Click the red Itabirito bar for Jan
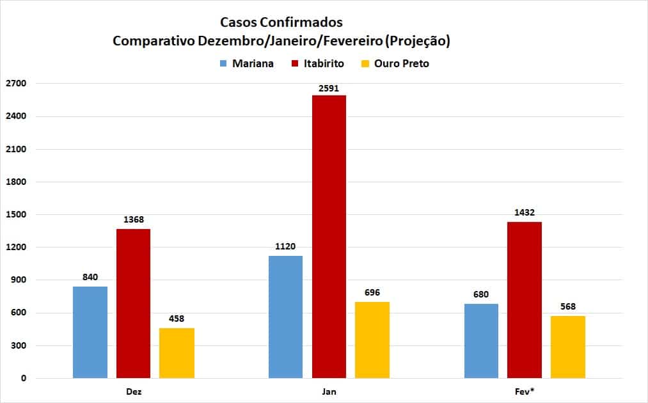coord(329,237)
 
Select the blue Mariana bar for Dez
coord(90,332)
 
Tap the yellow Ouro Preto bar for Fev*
coord(568,347)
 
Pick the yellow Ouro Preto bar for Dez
coord(177,352)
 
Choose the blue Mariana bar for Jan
coord(285,317)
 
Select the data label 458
coord(177,319)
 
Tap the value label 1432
coord(525,213)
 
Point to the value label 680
coord(481,295)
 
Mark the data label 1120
coord(285,247)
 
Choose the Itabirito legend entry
coord(317,63)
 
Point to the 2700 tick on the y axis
coord(15,84)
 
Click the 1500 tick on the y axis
coord(15,214)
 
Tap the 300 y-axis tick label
coord(18,345)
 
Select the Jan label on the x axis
coord(329,391)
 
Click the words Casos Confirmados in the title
coord(281,22)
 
